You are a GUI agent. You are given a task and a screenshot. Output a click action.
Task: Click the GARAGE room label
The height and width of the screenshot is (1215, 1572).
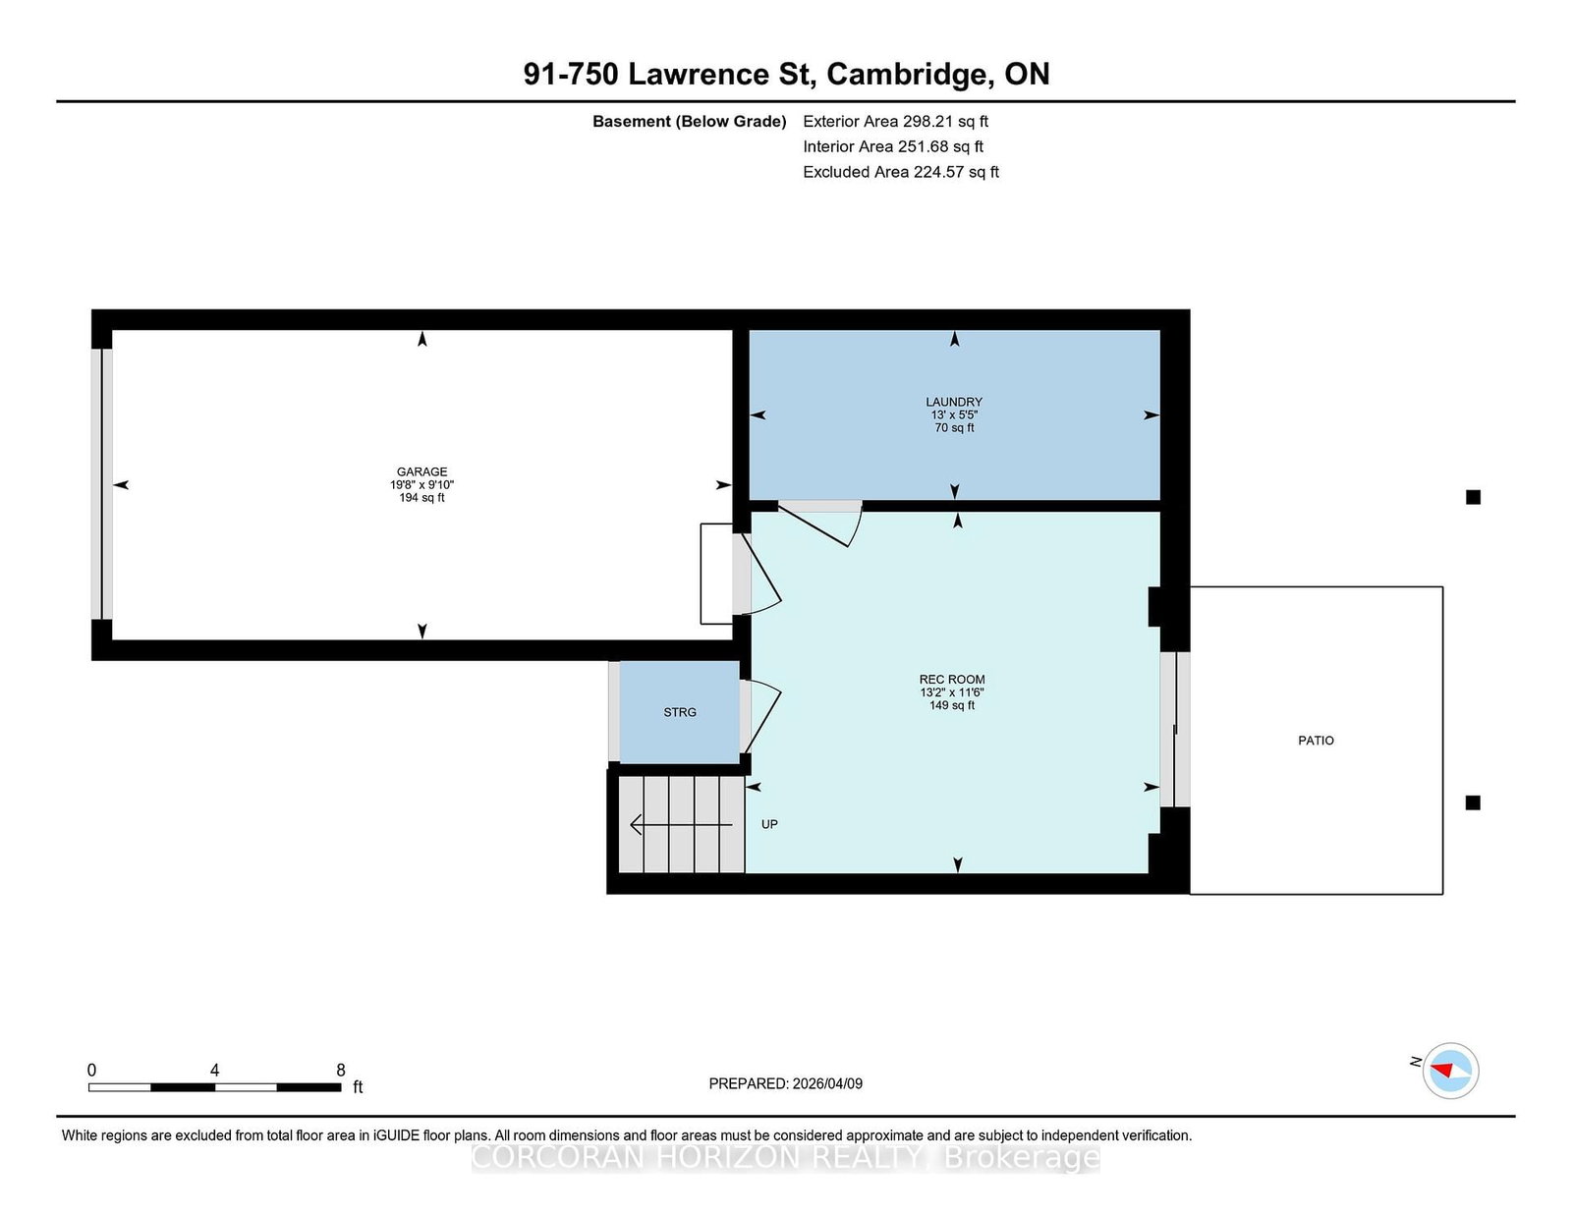coord(421,471)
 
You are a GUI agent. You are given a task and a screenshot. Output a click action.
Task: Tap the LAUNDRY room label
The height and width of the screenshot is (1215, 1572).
coord(953,402)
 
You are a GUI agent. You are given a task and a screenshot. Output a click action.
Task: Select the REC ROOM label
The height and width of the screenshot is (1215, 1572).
coord(952,680)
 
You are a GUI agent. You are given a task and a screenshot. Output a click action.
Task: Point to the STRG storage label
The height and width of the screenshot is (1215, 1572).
coord(680,712)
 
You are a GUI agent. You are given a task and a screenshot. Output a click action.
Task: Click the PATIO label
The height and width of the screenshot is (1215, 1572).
coord(1316,741)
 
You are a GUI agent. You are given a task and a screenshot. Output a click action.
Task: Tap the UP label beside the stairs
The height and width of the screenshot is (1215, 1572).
coord(769,824)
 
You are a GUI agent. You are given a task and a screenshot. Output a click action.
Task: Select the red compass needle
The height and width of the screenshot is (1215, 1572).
coord(1441,1071)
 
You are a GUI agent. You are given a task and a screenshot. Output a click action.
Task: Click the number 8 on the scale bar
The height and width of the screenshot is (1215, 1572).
coord(341,1071)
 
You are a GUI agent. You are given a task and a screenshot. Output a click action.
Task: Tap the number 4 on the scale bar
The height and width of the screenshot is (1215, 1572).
coord(215,1071)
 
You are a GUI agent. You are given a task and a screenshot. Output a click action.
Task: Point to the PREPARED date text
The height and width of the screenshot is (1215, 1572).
coord(786,1084)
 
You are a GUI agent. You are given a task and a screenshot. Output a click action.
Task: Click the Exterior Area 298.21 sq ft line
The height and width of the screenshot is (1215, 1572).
coord(896,122)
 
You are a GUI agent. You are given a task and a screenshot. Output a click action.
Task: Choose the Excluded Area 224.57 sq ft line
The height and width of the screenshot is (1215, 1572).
coord(901,172)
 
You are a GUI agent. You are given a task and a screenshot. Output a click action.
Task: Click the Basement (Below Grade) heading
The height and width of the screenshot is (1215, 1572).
coord(690,122)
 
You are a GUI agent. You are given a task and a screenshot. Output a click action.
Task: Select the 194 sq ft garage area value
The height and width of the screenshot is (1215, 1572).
coord(421,498)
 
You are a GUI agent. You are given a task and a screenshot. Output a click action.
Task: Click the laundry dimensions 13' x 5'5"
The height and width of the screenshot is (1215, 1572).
coord(954,415)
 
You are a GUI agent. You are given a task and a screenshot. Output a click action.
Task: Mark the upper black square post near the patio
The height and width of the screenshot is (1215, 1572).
coord(1474,498)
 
